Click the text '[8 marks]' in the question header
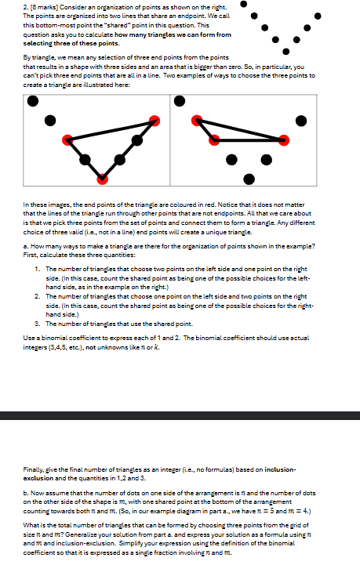(23, 7)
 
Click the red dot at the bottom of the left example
(101, 179)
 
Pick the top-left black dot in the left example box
(31, 100)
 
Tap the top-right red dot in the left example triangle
(155, 120)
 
